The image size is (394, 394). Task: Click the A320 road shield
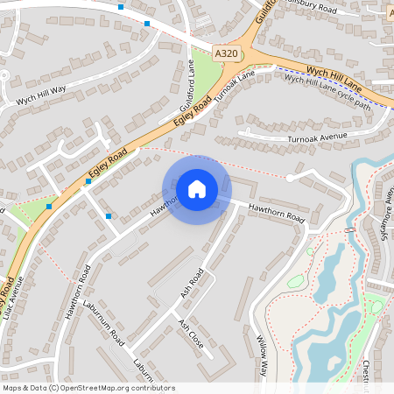tap(226, 53)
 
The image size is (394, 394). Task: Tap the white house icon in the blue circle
tap(197, 189)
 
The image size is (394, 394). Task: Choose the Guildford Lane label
tap(186, 88)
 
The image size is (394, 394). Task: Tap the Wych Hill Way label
tap(41, 95)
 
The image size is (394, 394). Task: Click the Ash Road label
tap(192, 283)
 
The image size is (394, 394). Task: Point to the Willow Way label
tap(262, 355)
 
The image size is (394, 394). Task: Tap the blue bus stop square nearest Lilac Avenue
tap(49, 207)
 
